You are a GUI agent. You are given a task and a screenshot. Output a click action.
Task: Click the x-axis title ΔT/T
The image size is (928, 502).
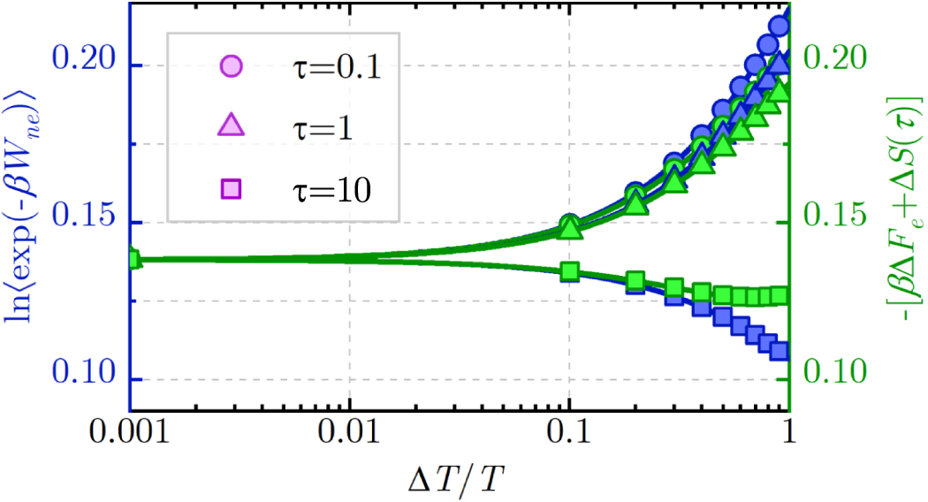459,482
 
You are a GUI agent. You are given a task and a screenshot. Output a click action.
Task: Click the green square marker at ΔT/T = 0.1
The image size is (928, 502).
569,271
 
